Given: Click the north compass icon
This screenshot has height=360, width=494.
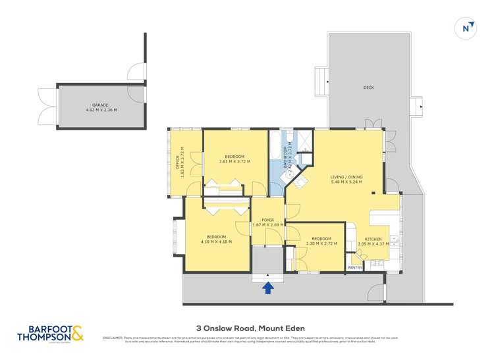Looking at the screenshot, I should click(x=466, y=28).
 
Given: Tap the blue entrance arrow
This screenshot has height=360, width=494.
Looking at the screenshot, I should click(x=268, y=288).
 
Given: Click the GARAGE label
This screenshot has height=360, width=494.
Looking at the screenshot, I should click(x=100, y=105).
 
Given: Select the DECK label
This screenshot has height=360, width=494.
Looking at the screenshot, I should click(x=368, y=88).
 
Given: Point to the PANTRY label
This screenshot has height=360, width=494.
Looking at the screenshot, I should click(x=355, y=268).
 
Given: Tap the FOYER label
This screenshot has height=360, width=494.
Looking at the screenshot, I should click(x=268, y=220).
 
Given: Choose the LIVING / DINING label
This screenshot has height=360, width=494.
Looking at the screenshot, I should click(x=346, y=177).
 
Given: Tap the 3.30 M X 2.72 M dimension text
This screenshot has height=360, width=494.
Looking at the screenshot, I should click(x=321, y=244).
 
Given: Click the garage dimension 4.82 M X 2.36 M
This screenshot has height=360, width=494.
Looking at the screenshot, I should click(x=100, y=110).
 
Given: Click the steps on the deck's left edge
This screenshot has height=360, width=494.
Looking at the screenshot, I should click(x=321, y=80).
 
